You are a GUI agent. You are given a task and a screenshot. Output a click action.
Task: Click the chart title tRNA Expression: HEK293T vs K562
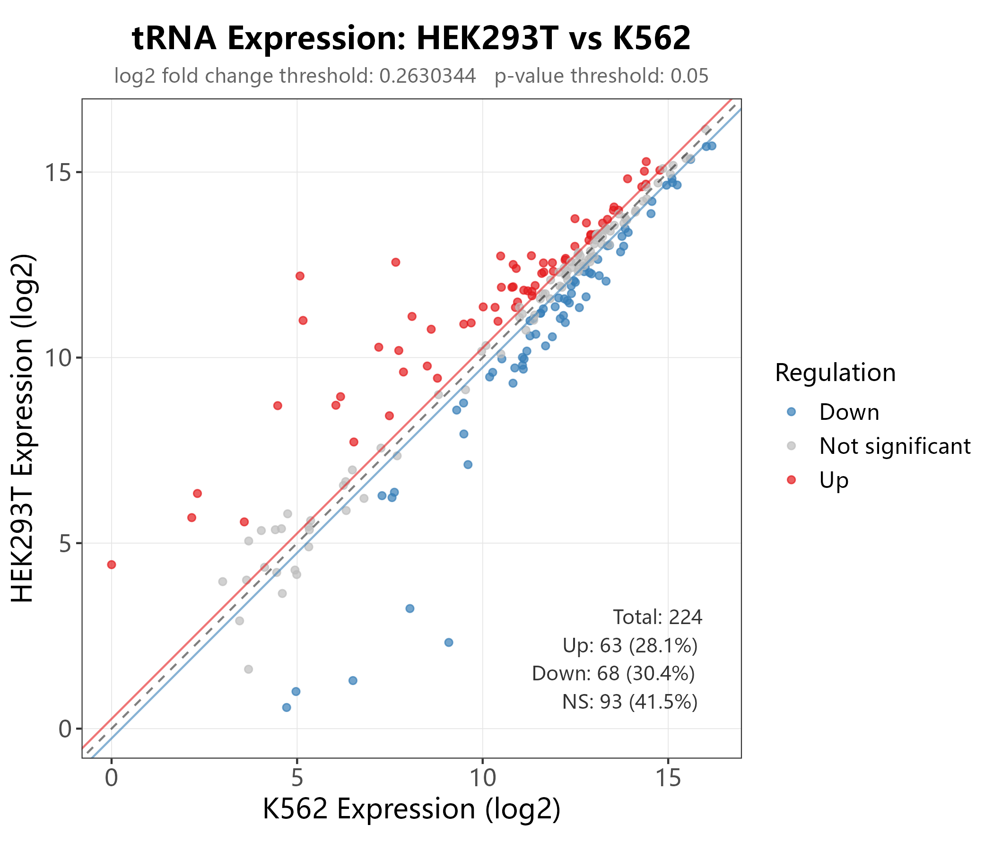(x=411, y=38)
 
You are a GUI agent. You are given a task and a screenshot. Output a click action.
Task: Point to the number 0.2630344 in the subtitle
(x=427, y=76)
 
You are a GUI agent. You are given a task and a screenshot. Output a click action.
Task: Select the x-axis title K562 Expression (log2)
(x=411, y=809)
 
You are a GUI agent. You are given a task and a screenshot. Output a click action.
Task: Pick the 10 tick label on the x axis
(x=482, y=778)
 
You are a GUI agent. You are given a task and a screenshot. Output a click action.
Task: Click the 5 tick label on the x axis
(x=296, y=778)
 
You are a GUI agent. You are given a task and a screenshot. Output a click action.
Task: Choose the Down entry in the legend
(x=849, y=413)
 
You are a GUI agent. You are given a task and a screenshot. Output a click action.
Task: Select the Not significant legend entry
(x=894, y=446)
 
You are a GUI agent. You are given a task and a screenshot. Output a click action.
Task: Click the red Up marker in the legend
(x=791, y=480)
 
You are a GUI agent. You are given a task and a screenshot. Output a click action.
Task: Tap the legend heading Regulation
(x=835, y=373)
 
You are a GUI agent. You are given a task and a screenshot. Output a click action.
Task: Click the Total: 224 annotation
(x=658, y=617)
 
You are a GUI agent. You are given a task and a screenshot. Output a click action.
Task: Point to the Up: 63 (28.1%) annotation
(x=630, y=646)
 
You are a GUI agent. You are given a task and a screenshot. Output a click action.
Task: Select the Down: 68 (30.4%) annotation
(x=613, y=674)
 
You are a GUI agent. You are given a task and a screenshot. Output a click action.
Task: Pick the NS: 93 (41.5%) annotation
(x=630, y=702)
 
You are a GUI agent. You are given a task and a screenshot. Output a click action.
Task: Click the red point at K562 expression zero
(x=112, y=564)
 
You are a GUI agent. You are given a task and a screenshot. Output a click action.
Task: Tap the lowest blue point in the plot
(x=287, y=707)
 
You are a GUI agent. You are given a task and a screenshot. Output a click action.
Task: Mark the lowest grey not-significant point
(x=248, y=669)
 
